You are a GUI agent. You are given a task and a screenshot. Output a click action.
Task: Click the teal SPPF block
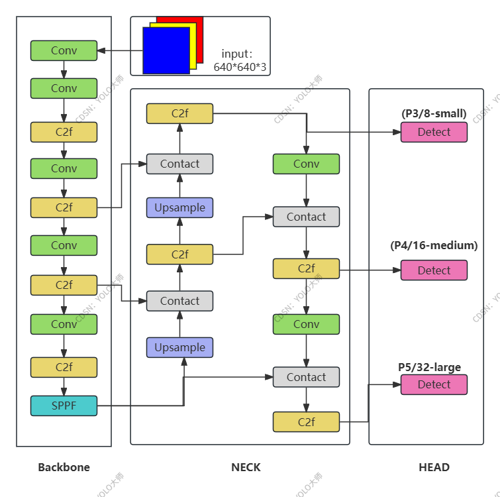coord(64,406)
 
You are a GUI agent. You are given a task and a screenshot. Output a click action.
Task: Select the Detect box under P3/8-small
coord(434,132)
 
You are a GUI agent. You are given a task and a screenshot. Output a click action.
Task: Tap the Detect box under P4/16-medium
coord(434,270)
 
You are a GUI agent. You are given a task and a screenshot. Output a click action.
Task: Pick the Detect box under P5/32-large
coord(434,384)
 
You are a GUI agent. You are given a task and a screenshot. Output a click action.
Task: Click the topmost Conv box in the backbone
coord(64,50)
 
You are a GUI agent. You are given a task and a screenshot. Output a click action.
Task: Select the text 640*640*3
coord(240,67)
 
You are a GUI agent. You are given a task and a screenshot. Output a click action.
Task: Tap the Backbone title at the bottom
coord(64,467)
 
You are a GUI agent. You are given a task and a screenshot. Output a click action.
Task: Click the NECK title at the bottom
coord(246,467)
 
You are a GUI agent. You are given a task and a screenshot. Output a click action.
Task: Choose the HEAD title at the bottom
coord(434,467)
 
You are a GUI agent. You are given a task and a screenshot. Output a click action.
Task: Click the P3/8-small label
coord(434,114)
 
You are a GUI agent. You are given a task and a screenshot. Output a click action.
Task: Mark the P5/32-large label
coord(429,367)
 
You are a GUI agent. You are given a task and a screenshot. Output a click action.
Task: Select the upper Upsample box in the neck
coord(179,207)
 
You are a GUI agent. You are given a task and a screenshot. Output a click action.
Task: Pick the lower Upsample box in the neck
coord(179,347)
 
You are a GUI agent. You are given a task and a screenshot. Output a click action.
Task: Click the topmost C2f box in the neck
coord(179,113)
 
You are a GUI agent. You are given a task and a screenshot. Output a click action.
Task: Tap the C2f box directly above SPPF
coord(64,367)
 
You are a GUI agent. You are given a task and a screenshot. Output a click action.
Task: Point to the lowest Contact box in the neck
coord(306,377)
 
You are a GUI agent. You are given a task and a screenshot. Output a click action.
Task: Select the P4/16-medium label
coord(434,246)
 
